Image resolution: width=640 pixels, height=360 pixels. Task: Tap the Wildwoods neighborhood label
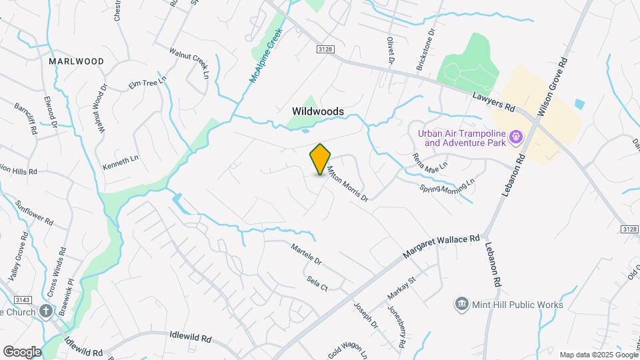point(318,111)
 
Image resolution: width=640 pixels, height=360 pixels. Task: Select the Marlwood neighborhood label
point(77,61)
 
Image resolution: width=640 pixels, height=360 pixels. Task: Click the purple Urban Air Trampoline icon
point(515,138)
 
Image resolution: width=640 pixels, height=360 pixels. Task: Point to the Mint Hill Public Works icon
point(461,305)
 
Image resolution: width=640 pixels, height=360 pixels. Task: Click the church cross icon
point(46,311)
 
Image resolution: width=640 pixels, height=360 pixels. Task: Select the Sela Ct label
point(317,283)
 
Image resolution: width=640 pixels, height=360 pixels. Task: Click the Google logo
point(22,351)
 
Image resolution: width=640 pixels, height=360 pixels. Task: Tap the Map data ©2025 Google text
point(597,355)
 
